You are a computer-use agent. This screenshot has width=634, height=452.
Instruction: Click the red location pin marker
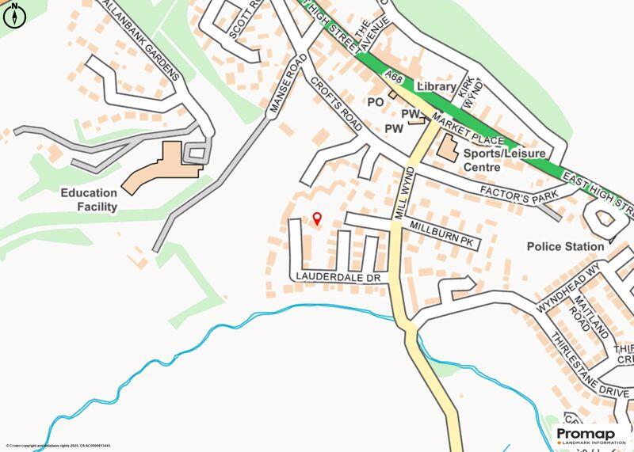pyautogui.click(x=318, y=219)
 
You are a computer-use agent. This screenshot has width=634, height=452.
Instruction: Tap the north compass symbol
pyautogui.click(x=14, y=15)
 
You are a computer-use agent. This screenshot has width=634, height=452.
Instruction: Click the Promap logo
pyautogui.click(x=590, y=435)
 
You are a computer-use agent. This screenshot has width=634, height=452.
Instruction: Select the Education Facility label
pyautogui.click(x=91, y=199)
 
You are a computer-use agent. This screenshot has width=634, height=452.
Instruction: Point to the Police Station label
pyautogui.click(x=565, y=247)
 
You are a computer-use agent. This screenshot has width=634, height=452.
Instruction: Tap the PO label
pyautogui.click(x=375, y=102)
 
